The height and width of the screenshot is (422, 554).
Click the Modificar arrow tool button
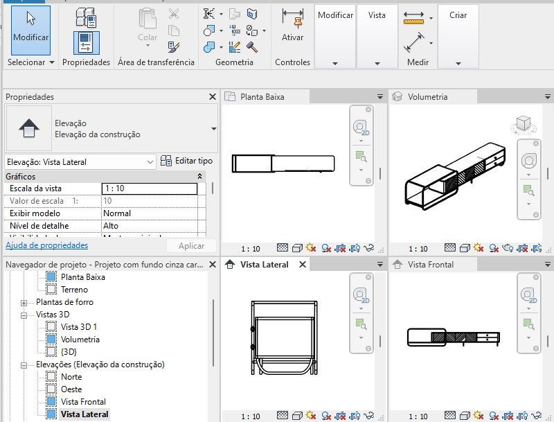point(30,31)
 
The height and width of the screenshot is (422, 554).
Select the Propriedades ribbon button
point(86,38)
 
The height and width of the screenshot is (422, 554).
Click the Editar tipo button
point(186,161)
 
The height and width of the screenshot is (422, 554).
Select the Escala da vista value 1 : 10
point(149,188)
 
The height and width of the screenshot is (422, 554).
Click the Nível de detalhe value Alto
point(149,226)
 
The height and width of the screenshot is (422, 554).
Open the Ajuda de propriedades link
point(46,245)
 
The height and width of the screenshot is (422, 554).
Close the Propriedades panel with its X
point(213,97)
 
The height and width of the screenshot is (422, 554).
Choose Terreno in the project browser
point(75,290)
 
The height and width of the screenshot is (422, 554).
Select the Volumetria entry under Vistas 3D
point(80,340)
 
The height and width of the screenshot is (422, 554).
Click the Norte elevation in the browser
point(71,377)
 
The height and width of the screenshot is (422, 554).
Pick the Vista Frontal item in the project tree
point(83,402)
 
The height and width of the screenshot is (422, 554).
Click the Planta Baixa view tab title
point(262,97)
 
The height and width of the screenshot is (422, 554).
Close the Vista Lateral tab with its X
point(303,265)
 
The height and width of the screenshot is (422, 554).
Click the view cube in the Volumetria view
point(522,124)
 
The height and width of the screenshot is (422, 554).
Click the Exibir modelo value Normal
point(149,213)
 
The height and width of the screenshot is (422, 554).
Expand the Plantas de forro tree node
point(24,303)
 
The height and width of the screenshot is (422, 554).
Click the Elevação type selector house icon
point(28,128)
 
